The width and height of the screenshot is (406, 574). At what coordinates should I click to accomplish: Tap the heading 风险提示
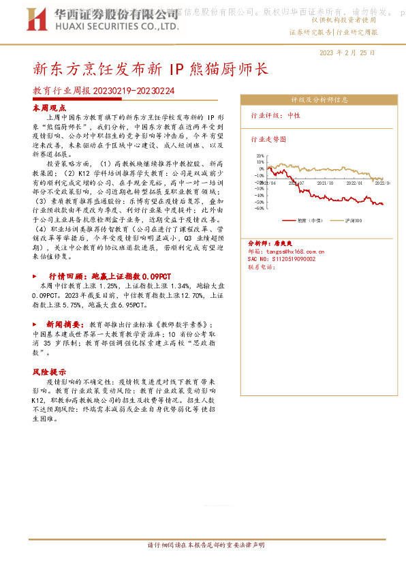[50, 372]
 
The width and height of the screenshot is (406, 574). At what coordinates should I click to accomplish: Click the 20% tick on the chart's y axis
[260, 155]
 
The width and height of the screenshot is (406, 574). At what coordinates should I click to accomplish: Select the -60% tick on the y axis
[259, 209]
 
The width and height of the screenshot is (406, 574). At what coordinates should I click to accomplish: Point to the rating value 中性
[294, 116]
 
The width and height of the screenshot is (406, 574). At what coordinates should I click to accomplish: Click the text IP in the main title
[175, 69]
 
